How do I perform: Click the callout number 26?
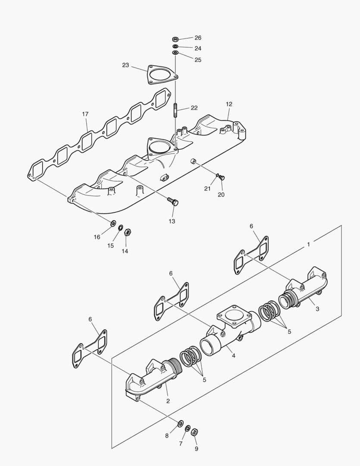pos(197,38)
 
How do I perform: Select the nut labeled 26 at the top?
pos(175,39)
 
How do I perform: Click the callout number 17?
pos(85,114)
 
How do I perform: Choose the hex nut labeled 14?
pos(127,232)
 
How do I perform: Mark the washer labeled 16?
pos(113,224)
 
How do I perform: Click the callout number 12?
pos(229,104)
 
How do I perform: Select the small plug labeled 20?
pos(222,177)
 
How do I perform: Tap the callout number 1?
pos(308,244)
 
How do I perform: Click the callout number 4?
pos(233,356)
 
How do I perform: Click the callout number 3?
pos(317,309)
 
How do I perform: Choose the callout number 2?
pos(168,401)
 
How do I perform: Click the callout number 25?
pos(197,60)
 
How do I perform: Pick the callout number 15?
pos(111,246)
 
